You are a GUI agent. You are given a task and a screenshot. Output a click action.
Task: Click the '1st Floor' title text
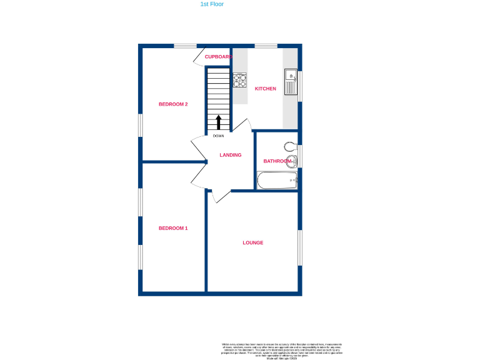(212, 4)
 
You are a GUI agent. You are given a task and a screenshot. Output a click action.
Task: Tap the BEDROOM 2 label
(173, 104)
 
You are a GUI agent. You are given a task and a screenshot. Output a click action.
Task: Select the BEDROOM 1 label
(173, 228)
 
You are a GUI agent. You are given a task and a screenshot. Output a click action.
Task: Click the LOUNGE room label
(253, 242)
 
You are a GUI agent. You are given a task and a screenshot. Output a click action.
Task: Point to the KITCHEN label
(265, 89)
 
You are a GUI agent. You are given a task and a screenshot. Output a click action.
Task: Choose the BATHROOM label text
(277, 161)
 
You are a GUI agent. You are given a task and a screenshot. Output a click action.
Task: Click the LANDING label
(231, 155)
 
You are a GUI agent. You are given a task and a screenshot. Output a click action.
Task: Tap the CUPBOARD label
(218, 57)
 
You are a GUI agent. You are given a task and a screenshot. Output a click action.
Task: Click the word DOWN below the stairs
(218, 136)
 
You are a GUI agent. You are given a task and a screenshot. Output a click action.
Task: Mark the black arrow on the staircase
(219, 122)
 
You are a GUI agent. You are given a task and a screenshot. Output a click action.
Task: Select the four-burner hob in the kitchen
(240, 80)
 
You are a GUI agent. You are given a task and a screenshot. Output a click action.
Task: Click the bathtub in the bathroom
(277, 181)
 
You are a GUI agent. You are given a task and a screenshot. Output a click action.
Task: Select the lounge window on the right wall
(300, 247)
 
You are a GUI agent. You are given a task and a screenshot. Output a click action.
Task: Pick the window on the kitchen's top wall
(266, 46)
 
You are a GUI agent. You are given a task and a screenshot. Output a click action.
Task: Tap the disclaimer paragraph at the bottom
(281, 351)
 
